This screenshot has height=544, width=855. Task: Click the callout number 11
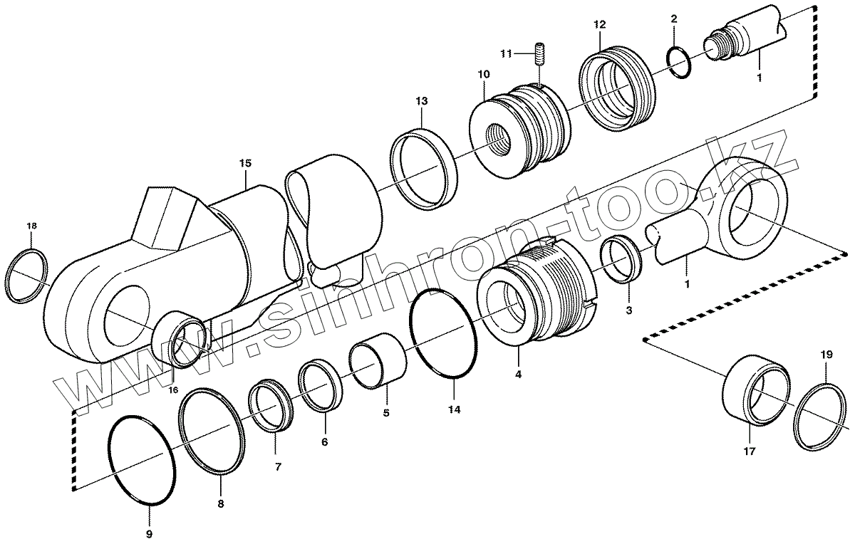(505, 53)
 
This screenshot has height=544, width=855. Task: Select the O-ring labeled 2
(680, 63)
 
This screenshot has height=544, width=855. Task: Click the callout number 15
(244, 163)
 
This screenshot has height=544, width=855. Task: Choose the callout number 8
(220, 503)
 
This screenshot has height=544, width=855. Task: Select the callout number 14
(455, 409)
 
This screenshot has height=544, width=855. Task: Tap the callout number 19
(826, 354)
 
